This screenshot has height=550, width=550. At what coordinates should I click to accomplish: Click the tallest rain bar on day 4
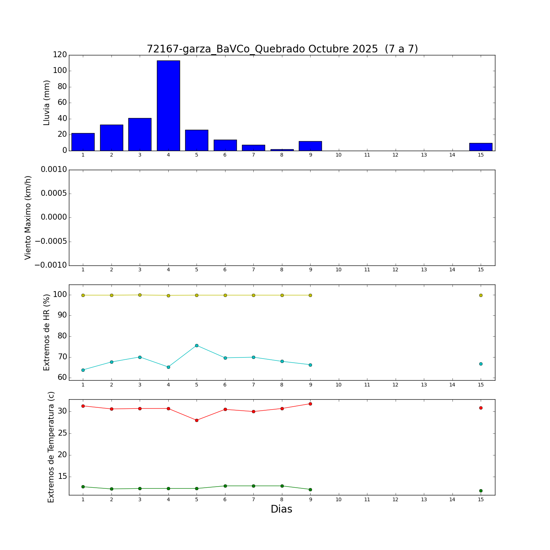(168, 106)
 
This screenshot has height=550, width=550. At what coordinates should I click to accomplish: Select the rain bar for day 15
(481, 147)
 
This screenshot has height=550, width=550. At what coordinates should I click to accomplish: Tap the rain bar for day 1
(83, 142)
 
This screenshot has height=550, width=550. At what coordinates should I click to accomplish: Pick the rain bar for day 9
(310, 146)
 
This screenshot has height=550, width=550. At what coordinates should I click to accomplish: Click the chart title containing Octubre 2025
(282, 49)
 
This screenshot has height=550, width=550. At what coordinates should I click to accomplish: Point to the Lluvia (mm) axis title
(47, 103)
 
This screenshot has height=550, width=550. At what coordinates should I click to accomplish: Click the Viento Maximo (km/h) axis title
(28, 218)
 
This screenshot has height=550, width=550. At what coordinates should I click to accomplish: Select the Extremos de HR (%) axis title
(47, 333)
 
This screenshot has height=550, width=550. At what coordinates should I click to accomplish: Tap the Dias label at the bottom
(282, 509)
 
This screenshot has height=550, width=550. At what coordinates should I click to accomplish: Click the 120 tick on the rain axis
(60, 55)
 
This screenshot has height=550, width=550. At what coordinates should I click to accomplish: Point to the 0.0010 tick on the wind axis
(54, 170)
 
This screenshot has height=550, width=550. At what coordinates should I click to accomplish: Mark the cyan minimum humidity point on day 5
(197, 345)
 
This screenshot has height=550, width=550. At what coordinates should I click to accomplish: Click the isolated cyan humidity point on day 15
(481, 364)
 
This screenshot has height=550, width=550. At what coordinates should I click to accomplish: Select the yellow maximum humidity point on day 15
(481, 295)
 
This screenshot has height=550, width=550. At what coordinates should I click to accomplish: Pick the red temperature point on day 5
(197, 420)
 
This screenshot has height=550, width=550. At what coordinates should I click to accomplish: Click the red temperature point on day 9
(310, 404)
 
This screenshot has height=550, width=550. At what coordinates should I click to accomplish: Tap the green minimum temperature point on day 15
(481, 491)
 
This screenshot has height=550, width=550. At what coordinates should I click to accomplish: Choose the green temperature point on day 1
(83, 487)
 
